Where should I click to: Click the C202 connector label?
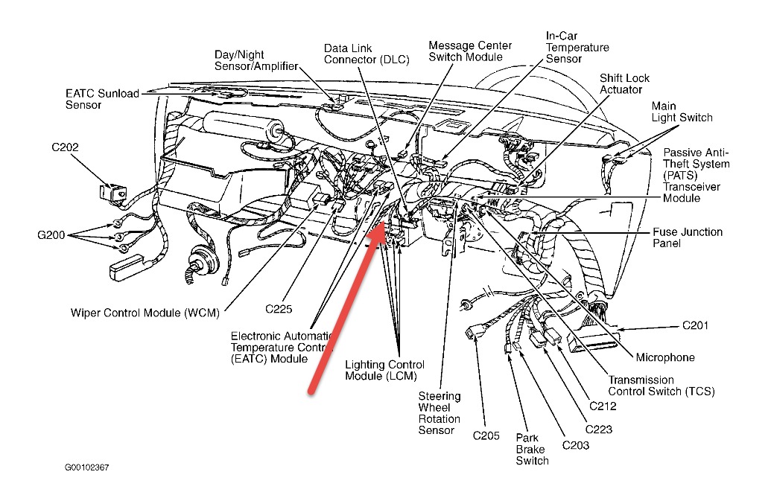tap(65, 147)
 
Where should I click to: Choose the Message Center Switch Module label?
tap(466, 51)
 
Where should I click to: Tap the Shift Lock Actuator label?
tap(621, 84)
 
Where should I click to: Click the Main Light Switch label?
tap(682, 112)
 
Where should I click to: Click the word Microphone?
tap(665, 357)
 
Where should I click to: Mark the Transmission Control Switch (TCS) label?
tap(661, 386)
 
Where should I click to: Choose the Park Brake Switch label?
tap(532, 449)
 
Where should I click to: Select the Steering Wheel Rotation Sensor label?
tap(439, 413)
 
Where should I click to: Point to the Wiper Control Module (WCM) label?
tap(145, 313)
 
